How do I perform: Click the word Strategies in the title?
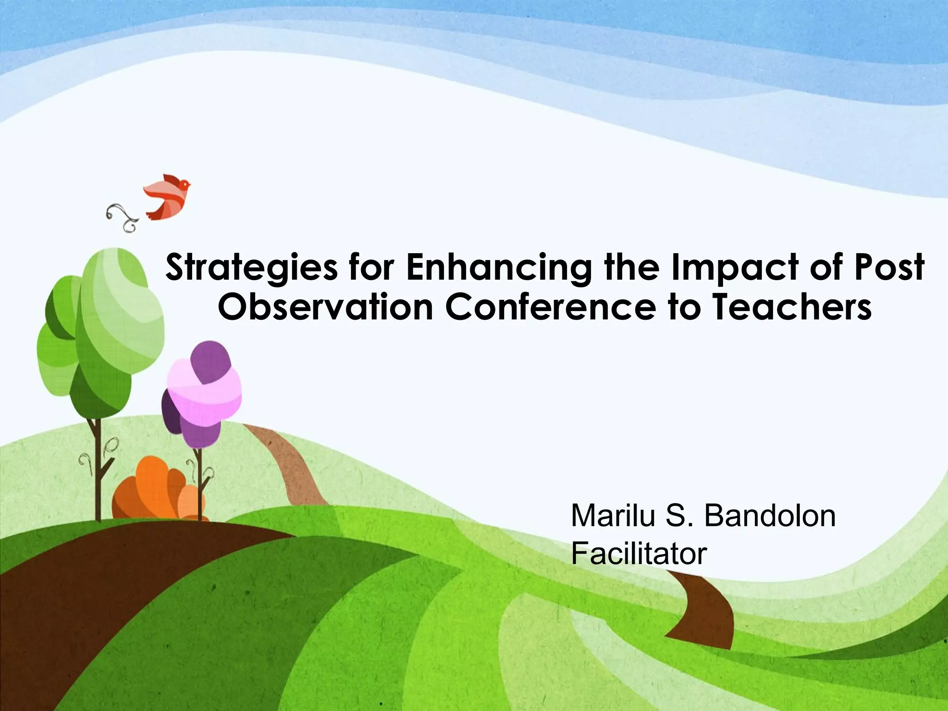[x=251, y=268]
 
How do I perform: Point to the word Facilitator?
[x=639, y=553]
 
